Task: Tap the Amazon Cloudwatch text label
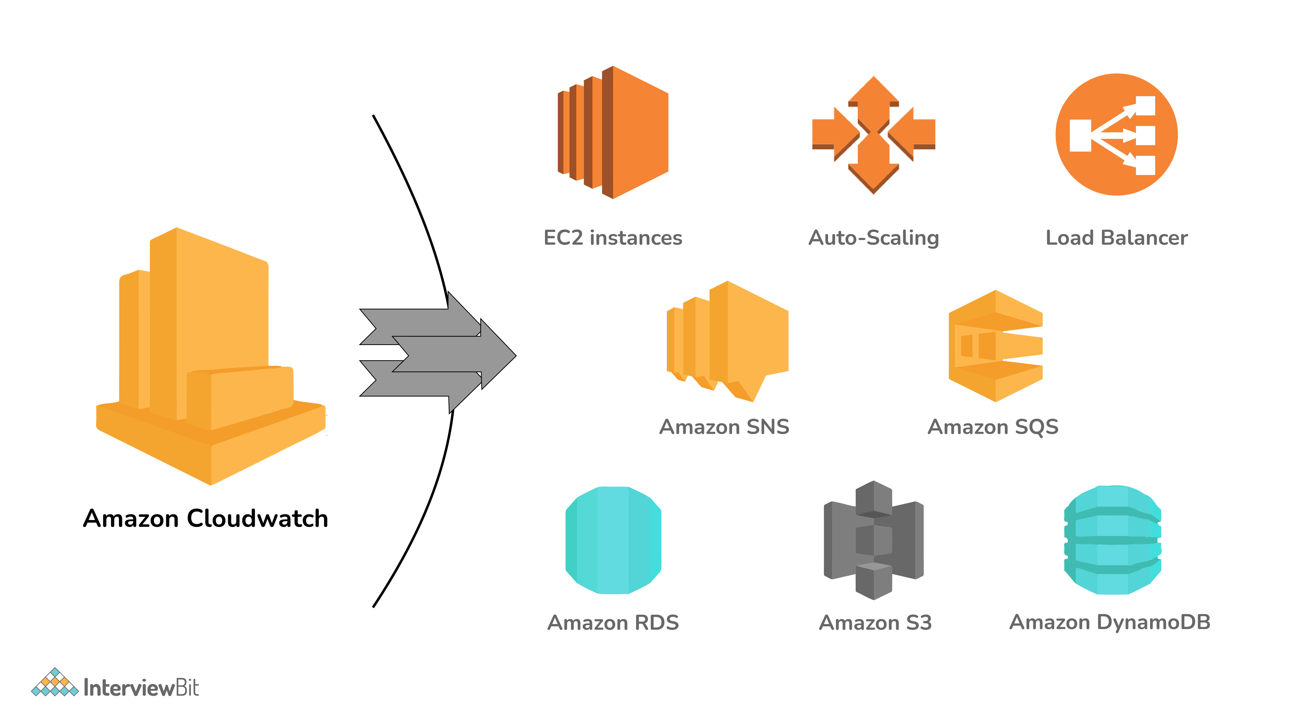[x=206, y=519]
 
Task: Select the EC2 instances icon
[x=613, y=132]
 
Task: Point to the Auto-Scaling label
[x=874, y=238]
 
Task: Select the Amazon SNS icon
[x=727, y=341]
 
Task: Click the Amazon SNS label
[x=724, y=427]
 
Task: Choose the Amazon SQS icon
[x=996, y=346]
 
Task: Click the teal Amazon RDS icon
[x=613, y=540]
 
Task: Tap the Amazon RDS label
[x=613, y=623]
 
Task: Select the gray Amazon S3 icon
[x=874, y=540]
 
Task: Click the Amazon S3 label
[x=875, y=623]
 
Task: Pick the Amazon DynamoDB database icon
[x=1112, y=540]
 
